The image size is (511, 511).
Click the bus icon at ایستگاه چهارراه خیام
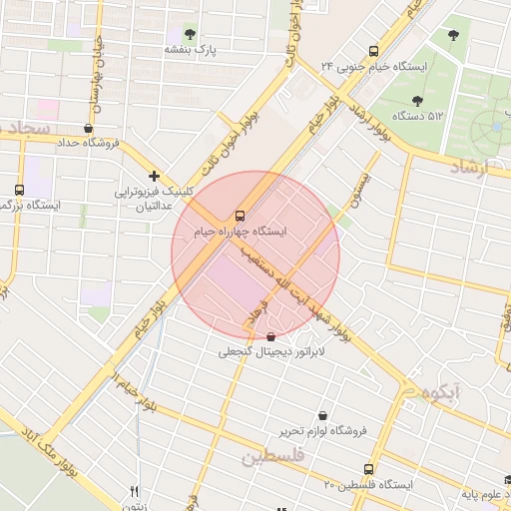point(239,215)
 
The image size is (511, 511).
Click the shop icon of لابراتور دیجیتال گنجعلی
point(272,337)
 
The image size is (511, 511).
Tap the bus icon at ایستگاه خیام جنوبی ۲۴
point(373,51)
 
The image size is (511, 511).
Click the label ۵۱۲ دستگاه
point(418,116)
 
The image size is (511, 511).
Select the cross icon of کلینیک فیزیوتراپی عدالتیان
point(154,176)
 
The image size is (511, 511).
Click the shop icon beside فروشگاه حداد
point(90,128)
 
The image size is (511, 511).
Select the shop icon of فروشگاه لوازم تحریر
point(322,415)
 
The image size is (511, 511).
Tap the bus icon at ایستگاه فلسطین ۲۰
point(369,469)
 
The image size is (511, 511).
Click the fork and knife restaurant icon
point(134,491)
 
